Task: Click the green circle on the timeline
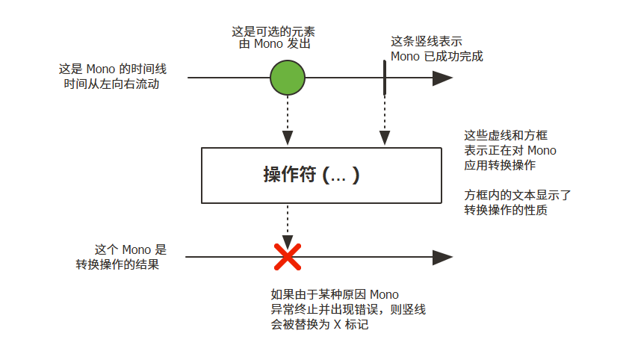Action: pyautogui.click(x=288, y=78)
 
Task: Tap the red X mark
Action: pyautogui.click(x=288, y=257)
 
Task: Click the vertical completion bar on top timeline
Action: pyautogui.click(x=385, y=78)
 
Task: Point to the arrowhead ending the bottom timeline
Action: pyautogui.click(x=443, y=258)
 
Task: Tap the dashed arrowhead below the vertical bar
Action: pyautogui.click(x=385, y=138)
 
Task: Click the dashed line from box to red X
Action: pyautogui.click(x=288, y=222)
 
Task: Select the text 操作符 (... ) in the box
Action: pyautogui.click(x=312, y=176)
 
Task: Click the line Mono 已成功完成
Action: pyautogui.click(x=437, y=56)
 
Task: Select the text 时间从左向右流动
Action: pyautogui.click(x=113, y=84)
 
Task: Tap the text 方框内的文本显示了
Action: pyautogui.click(x=518, y=196)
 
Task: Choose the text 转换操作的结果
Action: pyautogui.click(x=117, y=264)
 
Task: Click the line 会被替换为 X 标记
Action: pyautogui.click(x=320, y=325)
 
